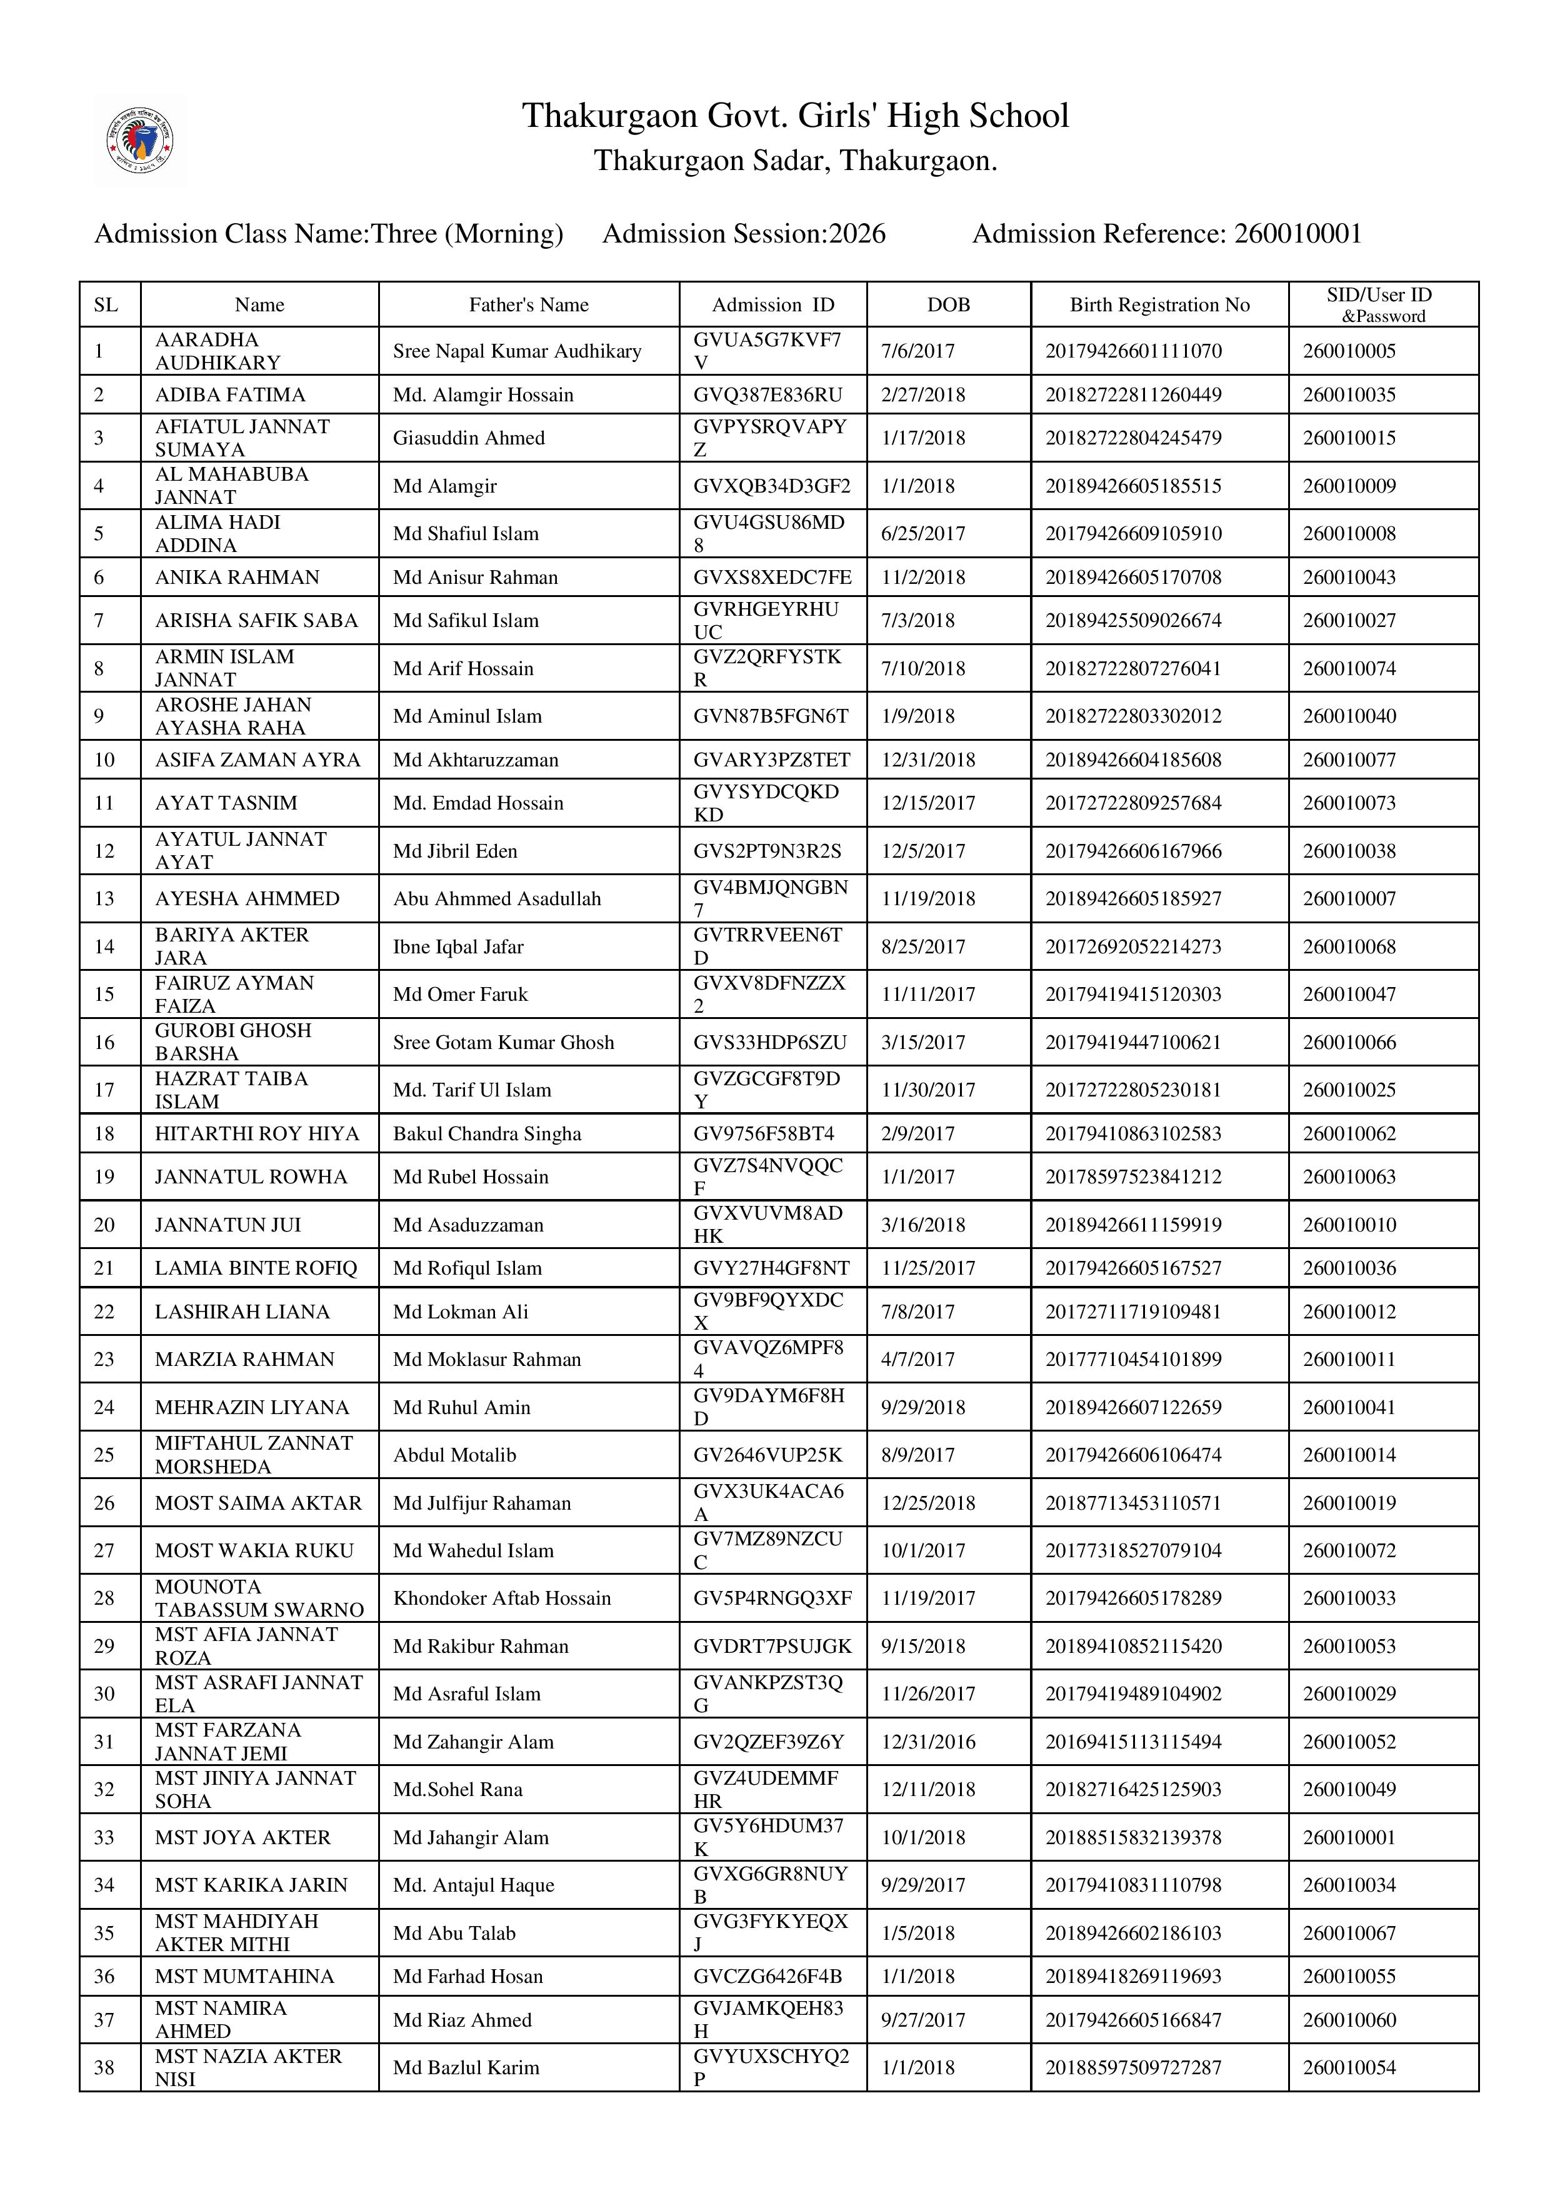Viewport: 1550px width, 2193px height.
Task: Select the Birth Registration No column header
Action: click(x=1159, y=304)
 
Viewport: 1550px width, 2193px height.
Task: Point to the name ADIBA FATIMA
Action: click(x=229, y=394)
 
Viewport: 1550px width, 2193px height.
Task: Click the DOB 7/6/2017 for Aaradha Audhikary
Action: click(x=917, y=351)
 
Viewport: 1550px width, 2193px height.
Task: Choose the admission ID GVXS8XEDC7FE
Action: click(x=772, y=577)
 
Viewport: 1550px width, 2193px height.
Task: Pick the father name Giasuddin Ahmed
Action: click(x=468, y=438)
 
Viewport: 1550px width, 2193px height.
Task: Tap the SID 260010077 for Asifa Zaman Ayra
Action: click(x=1349, y=760)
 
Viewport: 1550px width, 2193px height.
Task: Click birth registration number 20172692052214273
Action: click(x=1132, y=946)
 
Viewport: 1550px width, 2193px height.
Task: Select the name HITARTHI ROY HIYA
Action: click(x=256, y=1134)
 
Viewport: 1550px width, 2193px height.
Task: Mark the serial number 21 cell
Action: click(x=104, y=1268)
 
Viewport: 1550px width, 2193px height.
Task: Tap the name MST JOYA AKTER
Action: click(x=242, y=1837)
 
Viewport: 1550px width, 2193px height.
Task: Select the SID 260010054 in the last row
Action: click(x=1349, y=2067)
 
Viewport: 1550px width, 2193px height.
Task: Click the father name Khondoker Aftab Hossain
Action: click(x=501, y=1598)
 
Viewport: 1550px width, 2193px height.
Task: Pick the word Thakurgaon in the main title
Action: click(x=609, y=116)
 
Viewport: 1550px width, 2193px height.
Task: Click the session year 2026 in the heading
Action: click(x=857, y=234)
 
